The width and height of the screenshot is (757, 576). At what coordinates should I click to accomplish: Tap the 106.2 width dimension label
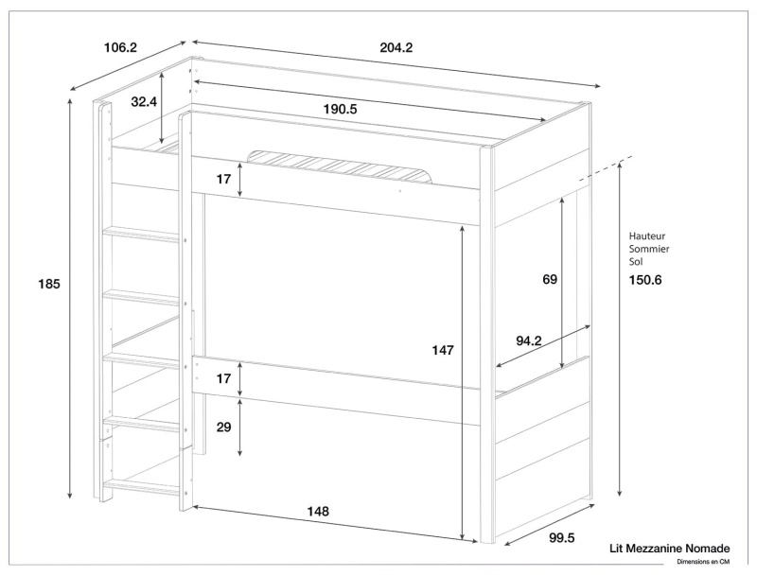pos(121,46)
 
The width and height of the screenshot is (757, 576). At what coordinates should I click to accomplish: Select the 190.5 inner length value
pos(340,109)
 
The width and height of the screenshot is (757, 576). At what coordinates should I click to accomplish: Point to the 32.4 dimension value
pos(145,101)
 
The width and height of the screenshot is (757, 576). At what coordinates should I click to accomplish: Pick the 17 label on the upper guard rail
pos(223,179)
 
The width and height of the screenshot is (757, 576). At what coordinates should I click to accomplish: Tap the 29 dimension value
pos(223,428)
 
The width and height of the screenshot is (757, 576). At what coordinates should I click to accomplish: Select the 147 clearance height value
pos(442,350)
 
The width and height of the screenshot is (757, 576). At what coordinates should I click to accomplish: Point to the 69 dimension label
pos(551,279)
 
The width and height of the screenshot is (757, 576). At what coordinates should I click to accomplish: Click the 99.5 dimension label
pos(561,538)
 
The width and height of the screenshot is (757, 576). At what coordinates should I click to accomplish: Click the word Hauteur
pos(648,236)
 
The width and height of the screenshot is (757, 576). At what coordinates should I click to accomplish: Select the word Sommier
pos(649,247)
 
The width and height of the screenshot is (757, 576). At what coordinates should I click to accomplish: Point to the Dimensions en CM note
pos(703,563)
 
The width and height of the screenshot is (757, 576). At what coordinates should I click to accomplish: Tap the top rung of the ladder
pos(141,232)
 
